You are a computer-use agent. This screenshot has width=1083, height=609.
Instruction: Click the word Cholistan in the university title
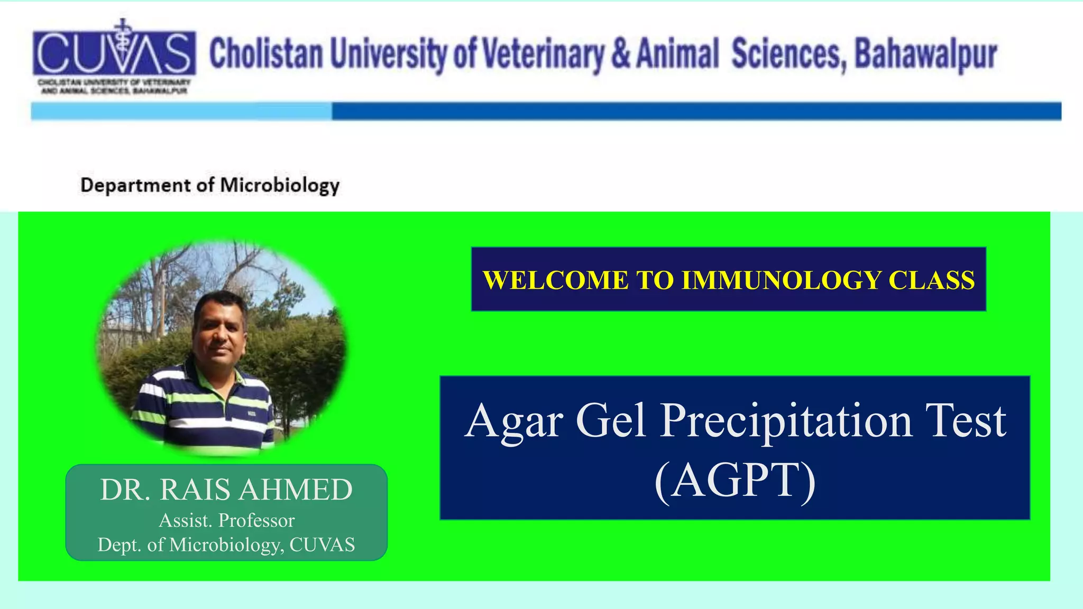click(266, 54)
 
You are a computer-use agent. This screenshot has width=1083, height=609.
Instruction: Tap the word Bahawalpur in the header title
click(925, 54)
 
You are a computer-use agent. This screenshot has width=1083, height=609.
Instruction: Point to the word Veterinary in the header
click(543, 54)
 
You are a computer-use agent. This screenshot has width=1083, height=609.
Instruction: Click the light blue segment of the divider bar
click(181, 112)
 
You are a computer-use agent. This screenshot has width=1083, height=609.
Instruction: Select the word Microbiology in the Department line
click(279, 186)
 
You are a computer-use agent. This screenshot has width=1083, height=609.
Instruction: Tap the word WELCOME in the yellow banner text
click(555, 280)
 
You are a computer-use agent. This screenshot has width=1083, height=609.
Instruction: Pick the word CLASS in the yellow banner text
click(931, 280)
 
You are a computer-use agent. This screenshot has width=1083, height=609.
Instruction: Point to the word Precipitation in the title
click(786, 421)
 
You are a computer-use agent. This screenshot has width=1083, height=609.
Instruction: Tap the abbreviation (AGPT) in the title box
click(735, 480)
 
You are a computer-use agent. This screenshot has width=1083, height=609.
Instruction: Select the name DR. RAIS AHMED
click(226, 490)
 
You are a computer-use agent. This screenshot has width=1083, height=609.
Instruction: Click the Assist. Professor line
click(226, 521)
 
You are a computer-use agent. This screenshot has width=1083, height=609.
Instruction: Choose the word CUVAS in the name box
click(322, 545)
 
